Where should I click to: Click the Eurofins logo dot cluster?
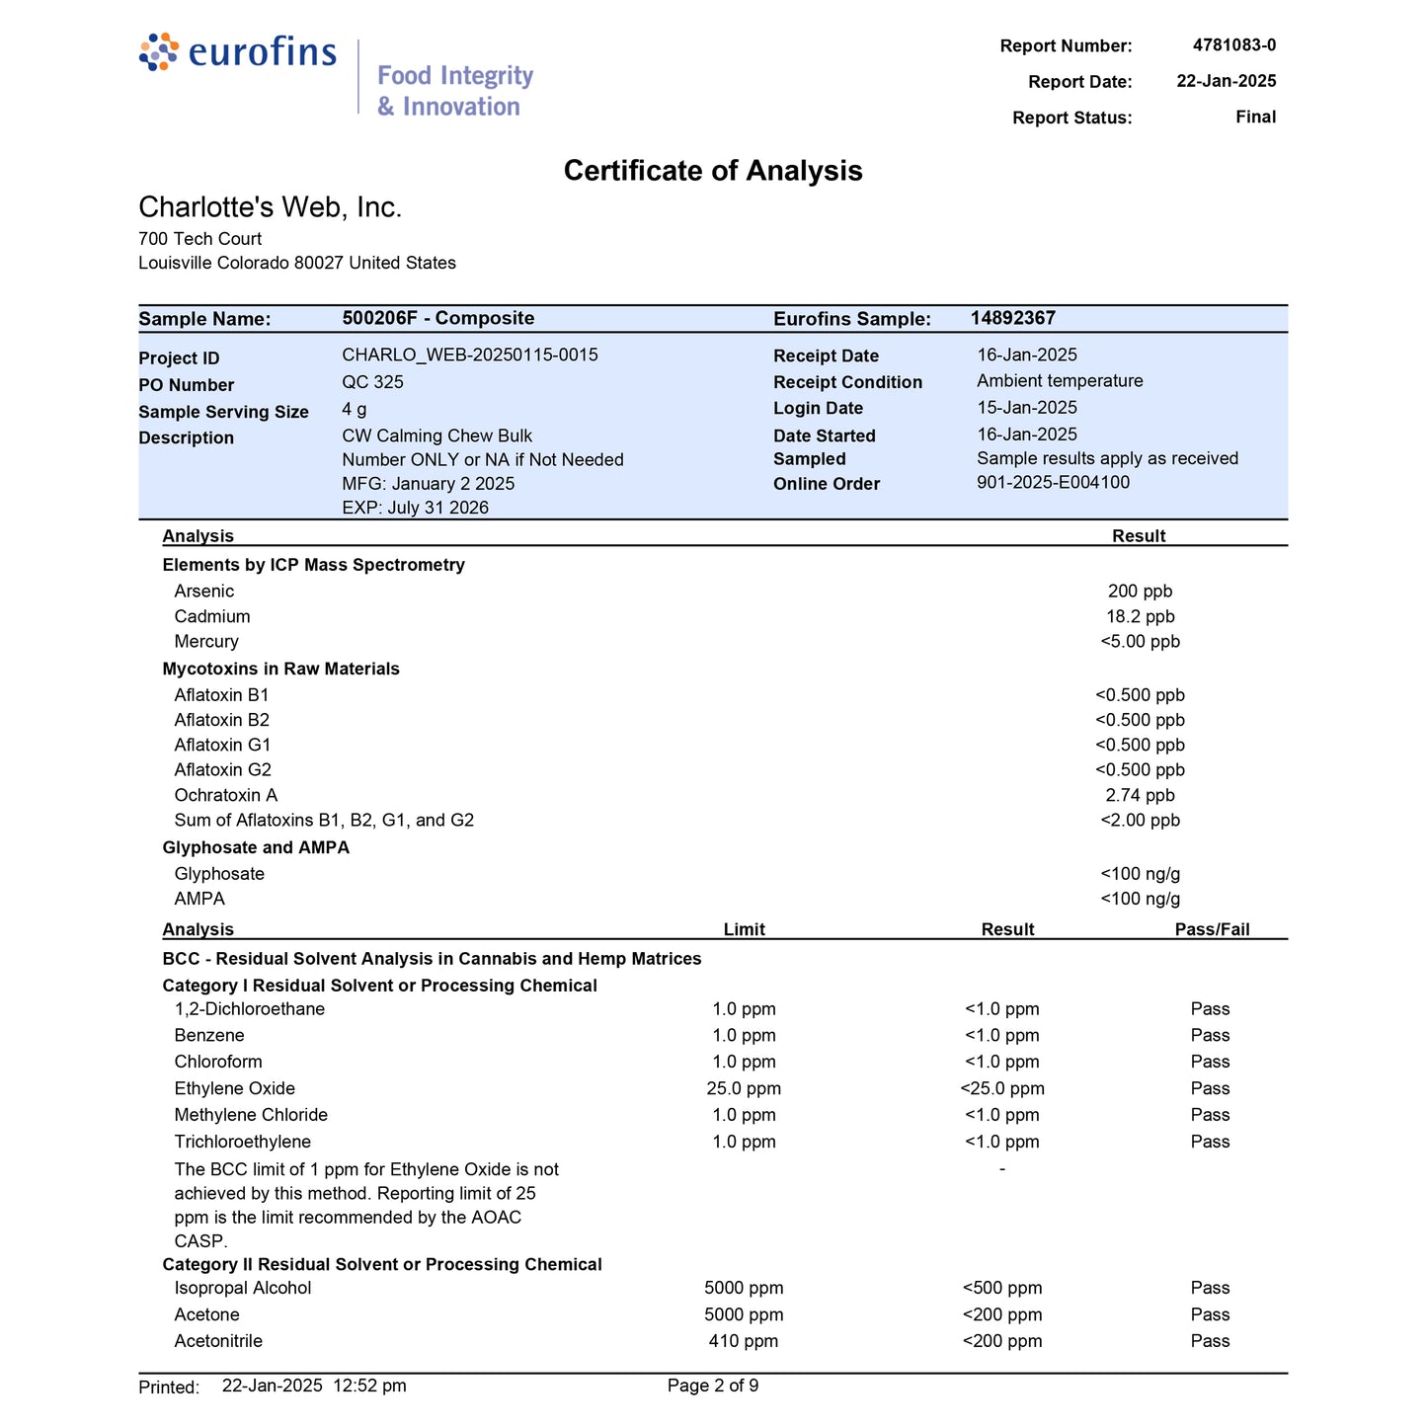click(159, 51)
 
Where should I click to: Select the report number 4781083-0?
click(1233, 45)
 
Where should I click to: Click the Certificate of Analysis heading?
click(713, 171)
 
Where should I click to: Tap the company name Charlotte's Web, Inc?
click(271, 207)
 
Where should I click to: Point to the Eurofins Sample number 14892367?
click(1012, 318)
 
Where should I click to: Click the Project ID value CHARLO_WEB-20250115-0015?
click(470, 356)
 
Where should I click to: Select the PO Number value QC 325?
click(372, 382)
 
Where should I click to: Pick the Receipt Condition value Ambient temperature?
click(1060, 381)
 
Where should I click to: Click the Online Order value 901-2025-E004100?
click(1053, 483)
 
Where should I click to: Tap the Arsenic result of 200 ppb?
click(1140, 592)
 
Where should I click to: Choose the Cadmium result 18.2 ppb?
click(1140, 617)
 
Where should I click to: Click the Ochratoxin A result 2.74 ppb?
click(1140, 796)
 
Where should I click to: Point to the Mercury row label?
click(206, 642)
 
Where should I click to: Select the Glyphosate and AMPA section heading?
click(256, 847)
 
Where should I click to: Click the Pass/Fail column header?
click(1212, 929)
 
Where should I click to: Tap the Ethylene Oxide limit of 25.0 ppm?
click(744, 1089)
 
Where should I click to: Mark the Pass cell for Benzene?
click(1210, 1036)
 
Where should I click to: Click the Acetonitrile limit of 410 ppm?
click(744, 1341)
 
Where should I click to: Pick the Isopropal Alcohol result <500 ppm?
click(1001, 1288)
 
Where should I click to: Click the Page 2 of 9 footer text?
click(713, 1386)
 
